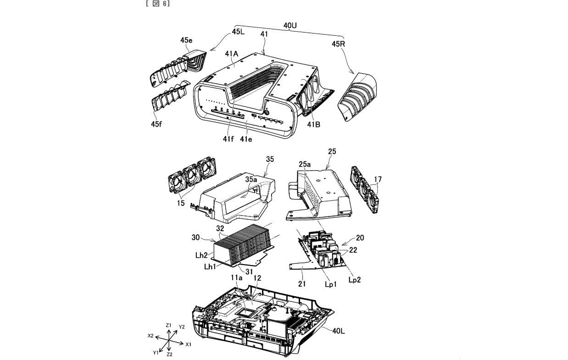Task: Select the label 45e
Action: [x=186, y=41]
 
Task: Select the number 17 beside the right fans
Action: [x=377, y=179]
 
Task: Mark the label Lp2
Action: [x=354, y=279]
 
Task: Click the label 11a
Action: [x=237, y=278]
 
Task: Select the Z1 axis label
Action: [x=168, y=325]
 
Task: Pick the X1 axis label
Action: [x=188, y=344]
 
